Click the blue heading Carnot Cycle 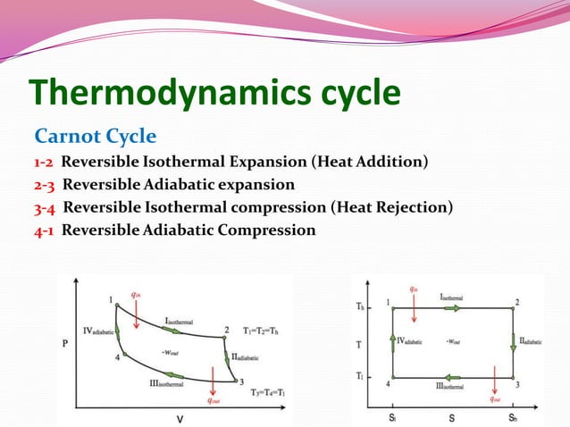pos(95,137)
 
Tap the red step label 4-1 pos(46,230)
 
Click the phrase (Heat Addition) pos(368,162)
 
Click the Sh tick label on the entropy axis pos(513,417)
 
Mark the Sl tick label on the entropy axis pos(393,417)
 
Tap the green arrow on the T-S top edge pos(455,308)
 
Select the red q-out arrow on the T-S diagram pos(494,386)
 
